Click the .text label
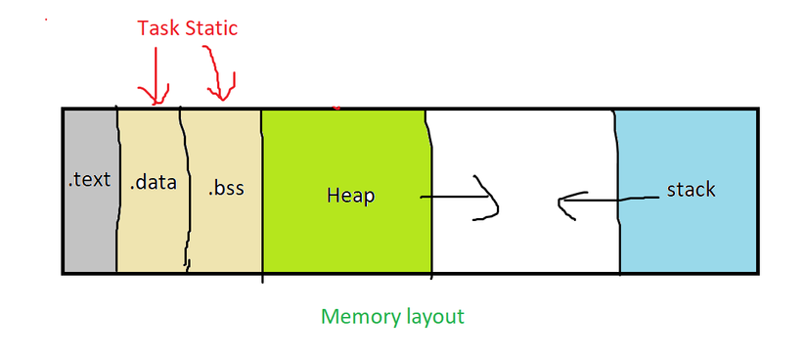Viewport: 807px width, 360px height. click(x=89, y=181)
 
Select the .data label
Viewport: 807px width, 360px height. click(x=154, y=182)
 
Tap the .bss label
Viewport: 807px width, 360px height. click(x=226, y=187)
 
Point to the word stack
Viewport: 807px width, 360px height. click(x=691, y=189)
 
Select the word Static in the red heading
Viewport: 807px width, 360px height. click(x=212, y=28)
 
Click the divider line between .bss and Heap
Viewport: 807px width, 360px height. click(x=261, y=196)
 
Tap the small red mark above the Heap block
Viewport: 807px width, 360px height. click(x=337, y=107)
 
